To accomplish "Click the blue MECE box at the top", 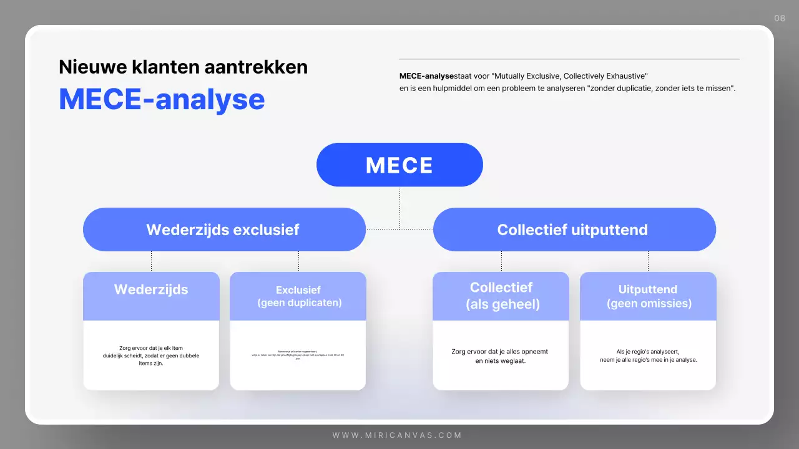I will pyautogui.click(x=399, y=165).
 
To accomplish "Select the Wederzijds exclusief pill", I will pyautogui.click(x=223, y=229).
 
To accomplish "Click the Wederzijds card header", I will pyautogui.click(x=151, y=290).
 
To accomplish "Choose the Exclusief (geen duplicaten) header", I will pyautogui.click(x=298, y=296).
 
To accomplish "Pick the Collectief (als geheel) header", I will pyautogui.click(x=501, y=296).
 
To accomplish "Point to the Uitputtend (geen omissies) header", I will pyautogui.click(x=648, y=296).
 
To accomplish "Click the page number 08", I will pyautogui.click(x=780, y=18).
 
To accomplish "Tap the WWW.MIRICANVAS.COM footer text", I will pyautogui.click(x=397, y=435).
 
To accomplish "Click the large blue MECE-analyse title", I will pyautogui.click(x=162, y=99).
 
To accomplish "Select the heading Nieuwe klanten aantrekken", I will pyautogui.click(x=183, y=67).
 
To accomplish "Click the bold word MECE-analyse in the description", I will pyautogui.click(x=427, y=76).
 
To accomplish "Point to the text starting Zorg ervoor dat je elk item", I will pyautogui.click(x=151, y=355).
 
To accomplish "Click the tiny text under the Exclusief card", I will pyautogui.click(x=298, y=355).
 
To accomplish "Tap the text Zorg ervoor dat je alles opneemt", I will pyautogui.click(x=500, y=355).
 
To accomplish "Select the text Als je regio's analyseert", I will pyautogui.click(x=648, y=355).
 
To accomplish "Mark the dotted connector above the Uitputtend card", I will pyautogui.click(x=648, y=261).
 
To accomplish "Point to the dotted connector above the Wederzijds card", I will pyautogui.click(x=151, y=261).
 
